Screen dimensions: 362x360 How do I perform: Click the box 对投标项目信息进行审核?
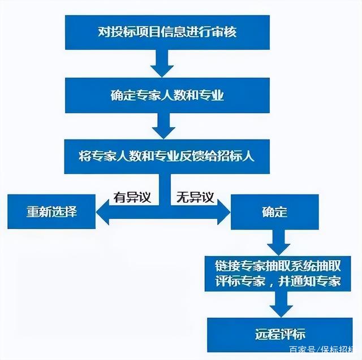tap(167, 32)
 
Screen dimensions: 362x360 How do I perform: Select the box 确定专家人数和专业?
tap(167, 96)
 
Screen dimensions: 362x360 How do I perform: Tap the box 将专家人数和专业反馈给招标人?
tap(167, 157)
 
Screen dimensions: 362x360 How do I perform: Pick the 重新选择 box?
tap(51, 211)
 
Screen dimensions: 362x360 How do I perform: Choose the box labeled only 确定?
tap(275, 212)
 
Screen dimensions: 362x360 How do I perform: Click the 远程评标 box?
tap(280, 335)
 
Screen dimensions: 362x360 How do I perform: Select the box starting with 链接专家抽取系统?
tap(278, 274)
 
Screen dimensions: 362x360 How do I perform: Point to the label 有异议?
tap(132, 197)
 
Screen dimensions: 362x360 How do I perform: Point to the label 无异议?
tap(195, 197)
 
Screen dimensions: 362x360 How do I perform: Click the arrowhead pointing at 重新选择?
tap(102, 212)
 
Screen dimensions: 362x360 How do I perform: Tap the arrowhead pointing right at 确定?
tap(224, 212)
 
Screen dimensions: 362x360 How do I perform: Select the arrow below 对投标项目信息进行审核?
tap(162, 63)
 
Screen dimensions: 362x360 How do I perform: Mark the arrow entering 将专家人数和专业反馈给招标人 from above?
tap(163, 125)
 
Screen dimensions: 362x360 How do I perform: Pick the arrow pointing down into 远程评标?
tap(281, 304)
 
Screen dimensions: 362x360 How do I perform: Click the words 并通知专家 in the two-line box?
tap(309, 281)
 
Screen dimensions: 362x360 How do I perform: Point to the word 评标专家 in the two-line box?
tap(240, 281)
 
